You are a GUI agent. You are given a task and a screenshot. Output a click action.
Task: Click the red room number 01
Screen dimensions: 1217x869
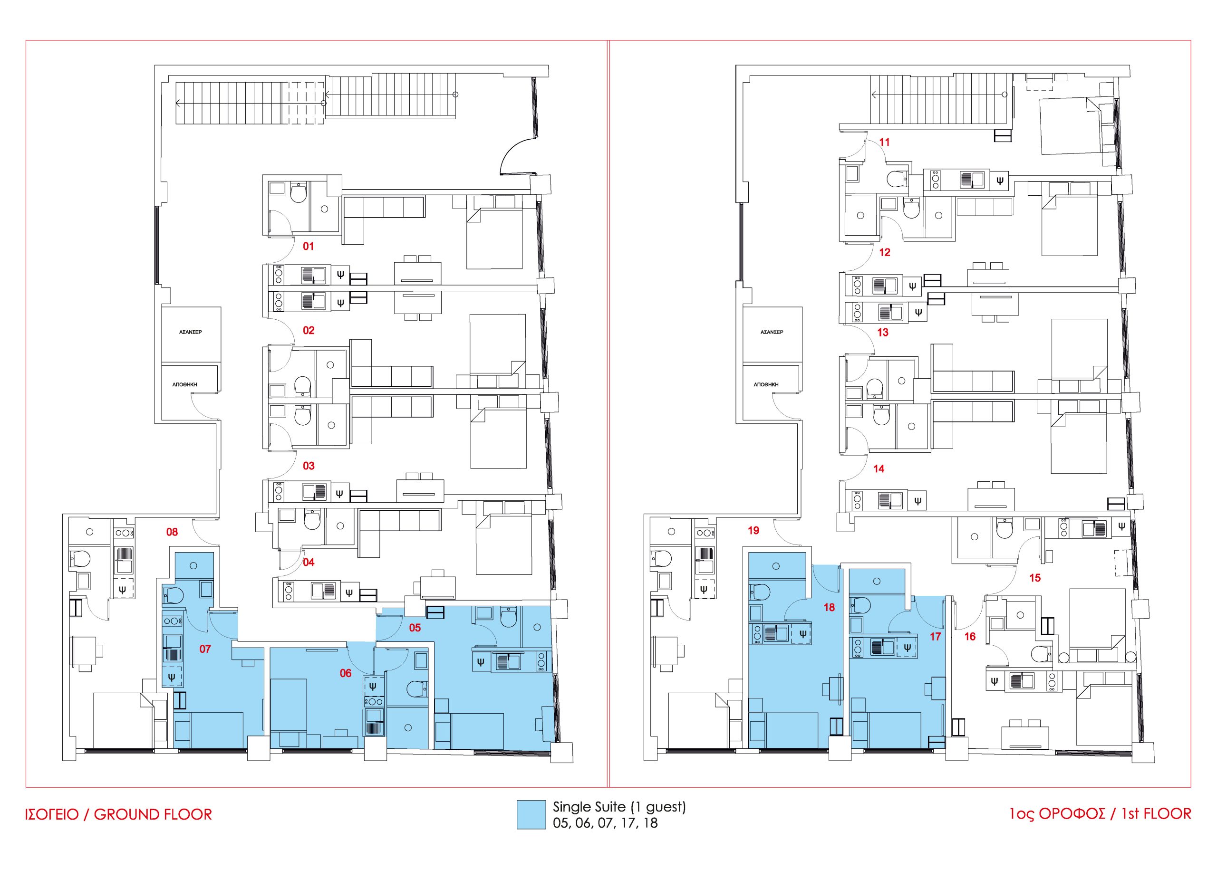point(309,246)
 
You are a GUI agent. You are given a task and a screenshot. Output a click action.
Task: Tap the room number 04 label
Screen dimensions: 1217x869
point(309,562)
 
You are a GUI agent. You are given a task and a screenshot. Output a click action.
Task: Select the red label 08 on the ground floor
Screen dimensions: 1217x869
point(172,532)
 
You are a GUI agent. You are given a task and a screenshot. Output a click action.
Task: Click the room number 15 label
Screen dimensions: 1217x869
point(1035,578)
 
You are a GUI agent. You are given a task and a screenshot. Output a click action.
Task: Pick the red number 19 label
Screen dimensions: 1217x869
point(753,530)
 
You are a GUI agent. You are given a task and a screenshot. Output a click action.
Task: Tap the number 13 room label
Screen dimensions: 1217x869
point(883,332)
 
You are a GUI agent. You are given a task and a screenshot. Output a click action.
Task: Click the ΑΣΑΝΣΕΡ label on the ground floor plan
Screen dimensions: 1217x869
point(190,332)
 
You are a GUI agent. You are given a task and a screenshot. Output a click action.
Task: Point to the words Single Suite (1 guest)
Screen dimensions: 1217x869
point(619,807)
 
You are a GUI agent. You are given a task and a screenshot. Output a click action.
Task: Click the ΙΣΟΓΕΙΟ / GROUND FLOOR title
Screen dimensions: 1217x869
point(119,815)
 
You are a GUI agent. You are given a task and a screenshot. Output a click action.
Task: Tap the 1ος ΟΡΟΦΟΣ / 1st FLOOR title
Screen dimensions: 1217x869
point(1100,814)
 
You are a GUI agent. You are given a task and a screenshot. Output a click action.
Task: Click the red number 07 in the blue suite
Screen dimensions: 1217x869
point(205,649)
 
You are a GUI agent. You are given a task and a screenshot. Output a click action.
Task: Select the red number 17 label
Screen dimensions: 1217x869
point(936,637)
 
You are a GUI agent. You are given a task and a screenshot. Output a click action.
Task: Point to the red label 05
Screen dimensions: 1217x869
point(415,628)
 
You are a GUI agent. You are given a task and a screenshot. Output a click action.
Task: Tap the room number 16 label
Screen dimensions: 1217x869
point(970,637)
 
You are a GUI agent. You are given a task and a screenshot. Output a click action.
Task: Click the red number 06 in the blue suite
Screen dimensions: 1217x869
point(346,673)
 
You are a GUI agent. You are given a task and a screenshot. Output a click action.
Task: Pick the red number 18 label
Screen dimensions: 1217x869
point(830,607)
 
